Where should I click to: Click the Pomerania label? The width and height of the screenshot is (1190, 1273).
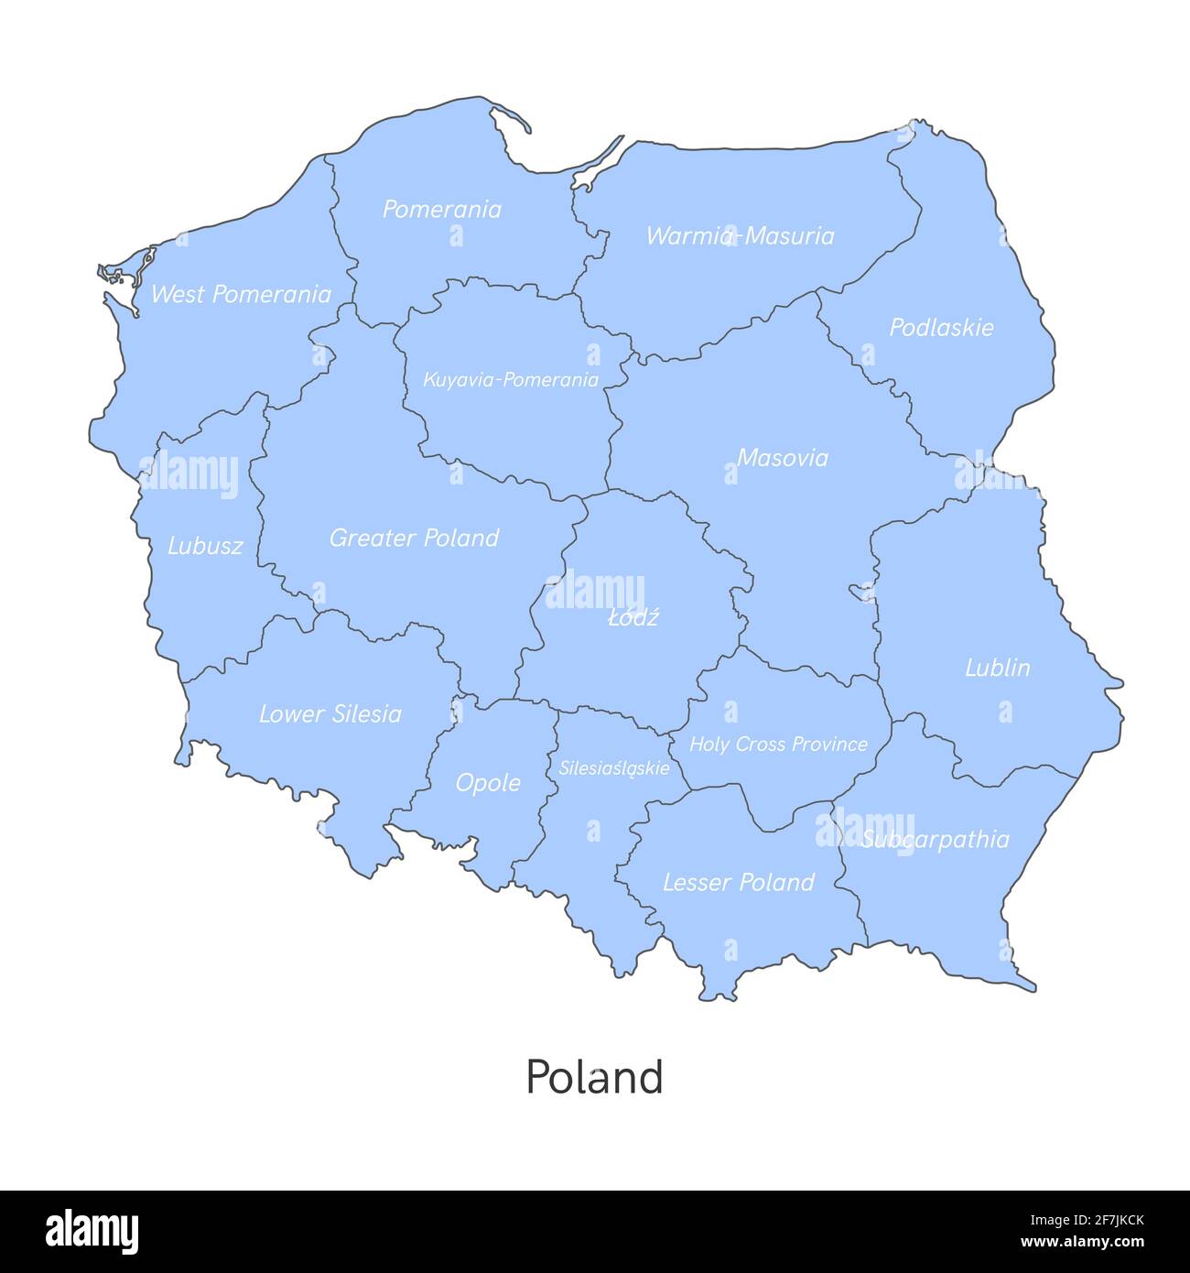click(441, 210)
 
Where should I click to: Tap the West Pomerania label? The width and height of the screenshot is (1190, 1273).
click(241, 294)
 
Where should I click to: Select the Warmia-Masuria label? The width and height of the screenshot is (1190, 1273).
click(740, 236)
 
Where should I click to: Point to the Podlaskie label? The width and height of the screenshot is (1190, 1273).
click(941, 327)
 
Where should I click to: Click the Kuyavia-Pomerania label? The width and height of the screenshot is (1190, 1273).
click(511, 380)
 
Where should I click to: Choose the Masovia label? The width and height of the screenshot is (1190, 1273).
click(782, 458)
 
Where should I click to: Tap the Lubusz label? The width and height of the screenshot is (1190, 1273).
click(205, 547)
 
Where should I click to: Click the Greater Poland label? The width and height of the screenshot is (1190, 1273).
click(414, 538)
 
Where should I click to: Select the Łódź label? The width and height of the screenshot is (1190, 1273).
click(633, 617)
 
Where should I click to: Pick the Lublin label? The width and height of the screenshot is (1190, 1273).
click(997, 668)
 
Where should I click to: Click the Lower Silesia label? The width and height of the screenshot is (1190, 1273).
click(330, 713)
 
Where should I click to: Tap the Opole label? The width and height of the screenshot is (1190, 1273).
click(488, 783)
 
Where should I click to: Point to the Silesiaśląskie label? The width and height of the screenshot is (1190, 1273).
click(614, 768)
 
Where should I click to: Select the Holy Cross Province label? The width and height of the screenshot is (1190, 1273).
click(778, 744)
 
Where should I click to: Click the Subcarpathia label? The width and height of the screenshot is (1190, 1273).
click(935, 840)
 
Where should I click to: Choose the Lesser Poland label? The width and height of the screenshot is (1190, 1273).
click(738, 883)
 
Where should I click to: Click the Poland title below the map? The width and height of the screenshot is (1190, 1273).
click(594, 1078)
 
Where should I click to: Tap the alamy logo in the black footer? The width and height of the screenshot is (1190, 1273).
click(92, 1231)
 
